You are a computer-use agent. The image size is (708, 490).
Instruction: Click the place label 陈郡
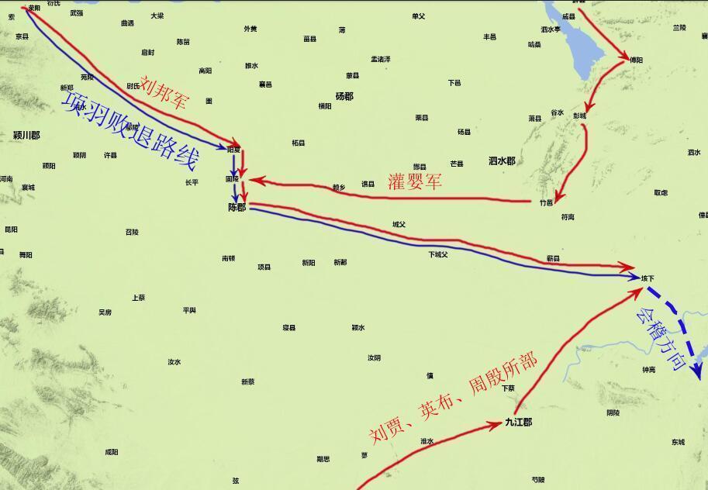point(237,208)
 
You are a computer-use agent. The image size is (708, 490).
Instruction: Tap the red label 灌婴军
point(415,181)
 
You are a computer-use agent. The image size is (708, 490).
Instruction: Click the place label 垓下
point(648,278)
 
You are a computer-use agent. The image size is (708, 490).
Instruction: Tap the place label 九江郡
point(518,422)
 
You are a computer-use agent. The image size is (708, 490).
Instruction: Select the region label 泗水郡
point(502,161)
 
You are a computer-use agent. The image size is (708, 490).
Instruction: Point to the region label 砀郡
point(344,96)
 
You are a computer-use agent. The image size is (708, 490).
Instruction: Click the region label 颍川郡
point(26,135)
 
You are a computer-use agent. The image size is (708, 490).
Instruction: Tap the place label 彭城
point(579,116)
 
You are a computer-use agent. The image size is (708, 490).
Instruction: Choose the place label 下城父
point(438,254)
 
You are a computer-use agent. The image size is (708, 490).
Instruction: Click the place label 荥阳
point(33,8)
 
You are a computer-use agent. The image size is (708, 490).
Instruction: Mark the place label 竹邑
point(546,202)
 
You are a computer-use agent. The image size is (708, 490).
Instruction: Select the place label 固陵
point(232,178)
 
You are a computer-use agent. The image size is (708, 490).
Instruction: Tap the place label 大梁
point(157,16)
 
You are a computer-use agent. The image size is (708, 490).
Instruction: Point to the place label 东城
point(678,442)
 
